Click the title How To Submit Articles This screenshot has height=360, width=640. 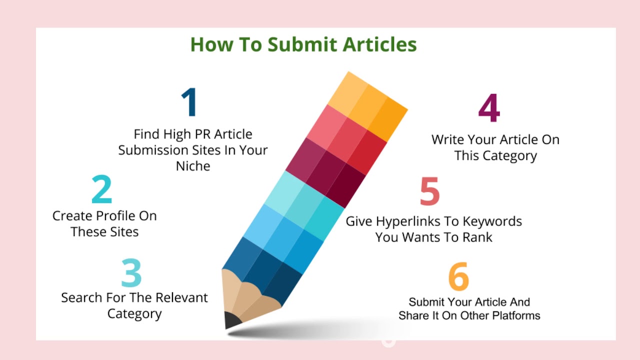[303, 44]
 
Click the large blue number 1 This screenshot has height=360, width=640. [189, 103]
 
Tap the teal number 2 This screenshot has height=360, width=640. [101, 189]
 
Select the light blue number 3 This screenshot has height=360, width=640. [131, 273]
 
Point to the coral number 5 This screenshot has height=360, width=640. [429, 191]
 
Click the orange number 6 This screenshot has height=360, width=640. [458, 276]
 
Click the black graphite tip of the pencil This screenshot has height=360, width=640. [232, 320]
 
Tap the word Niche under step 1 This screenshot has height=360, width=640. [193, 166]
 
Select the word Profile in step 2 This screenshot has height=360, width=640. [115, 216]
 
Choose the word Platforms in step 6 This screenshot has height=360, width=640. [516, 315]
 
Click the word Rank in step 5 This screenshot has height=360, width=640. [477, 237]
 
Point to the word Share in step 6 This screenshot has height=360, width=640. [412, 315]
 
